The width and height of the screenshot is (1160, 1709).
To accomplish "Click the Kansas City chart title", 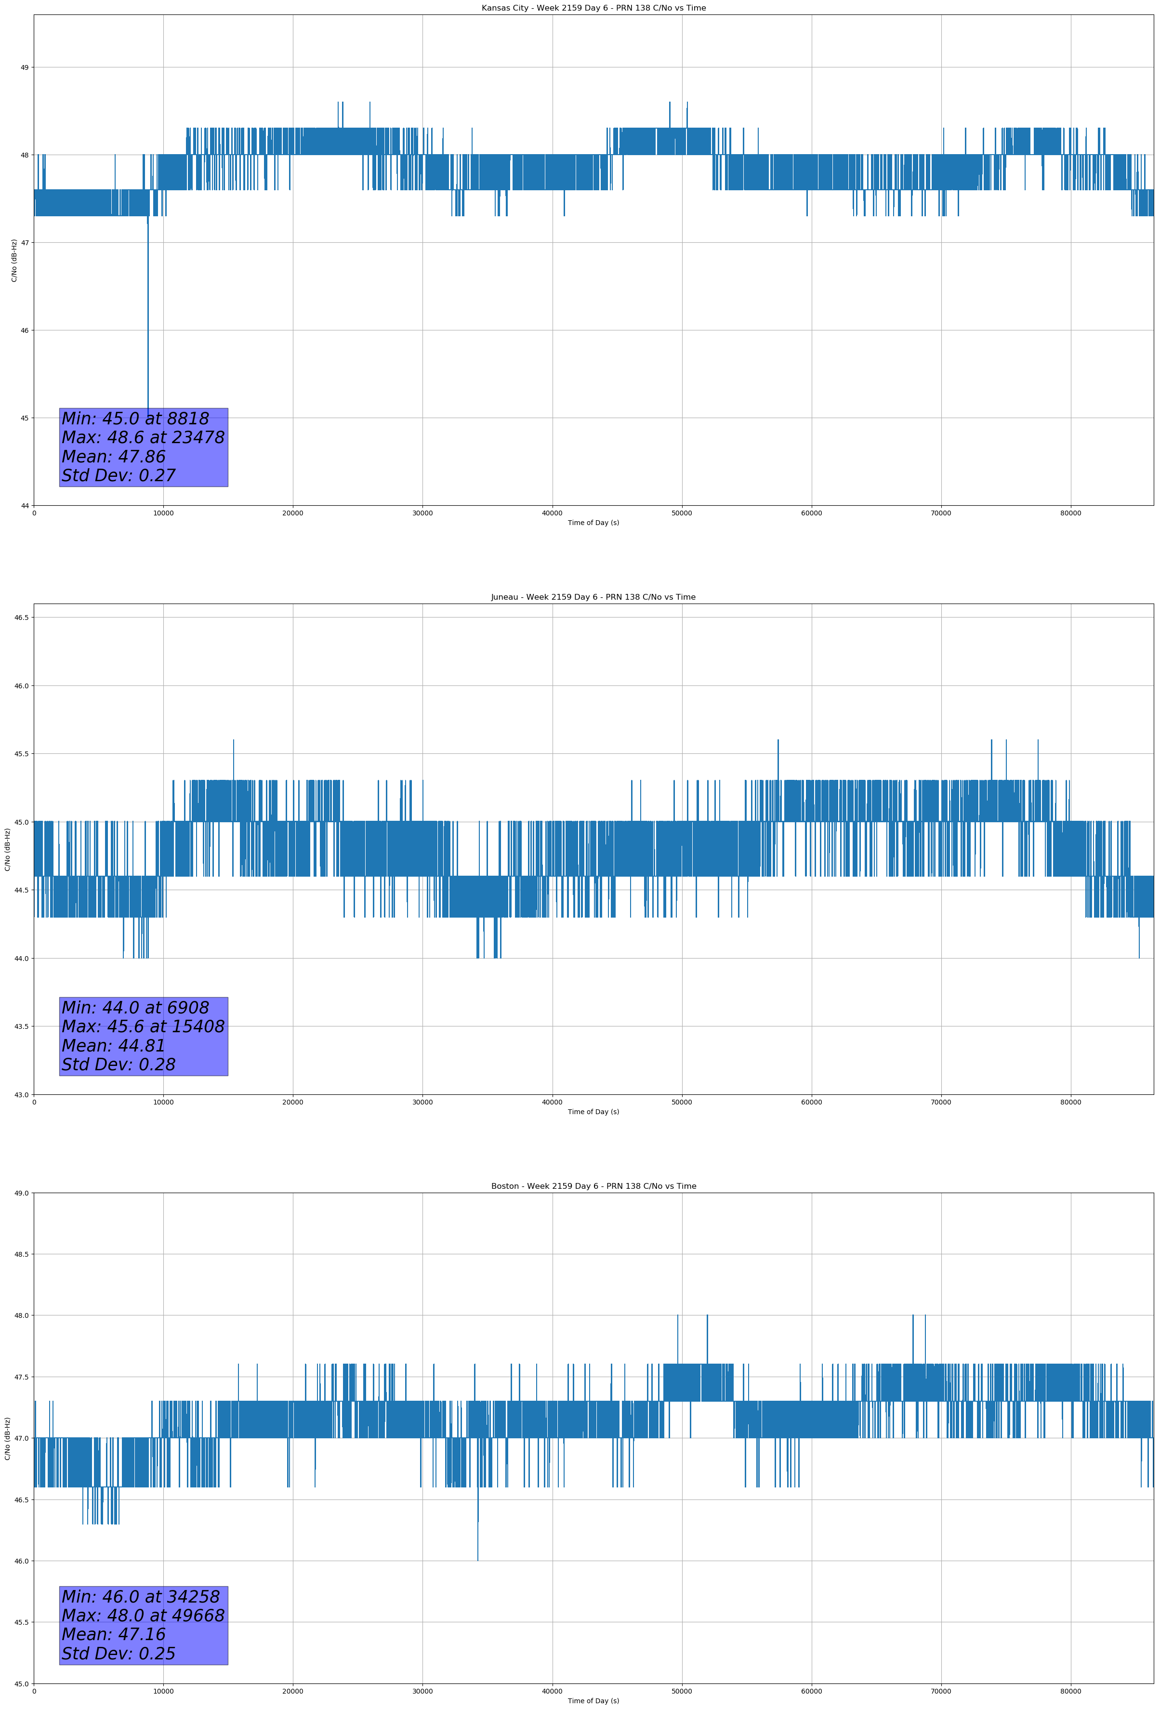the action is tap(593, 8).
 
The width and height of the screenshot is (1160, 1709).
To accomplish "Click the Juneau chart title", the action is tap(593, 597).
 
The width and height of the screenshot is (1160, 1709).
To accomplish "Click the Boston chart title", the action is tap(593, 1186).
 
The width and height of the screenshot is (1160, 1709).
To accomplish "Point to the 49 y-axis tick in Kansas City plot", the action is tap(24, 67).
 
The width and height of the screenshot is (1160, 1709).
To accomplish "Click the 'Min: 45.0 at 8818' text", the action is tap(135, 419).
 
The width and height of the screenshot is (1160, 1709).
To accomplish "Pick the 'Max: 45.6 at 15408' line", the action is tap(143, 1026).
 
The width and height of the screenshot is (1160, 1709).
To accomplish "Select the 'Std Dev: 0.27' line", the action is tap(119, 476).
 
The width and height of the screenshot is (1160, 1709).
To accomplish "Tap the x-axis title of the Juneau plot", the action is tap(593, 1112).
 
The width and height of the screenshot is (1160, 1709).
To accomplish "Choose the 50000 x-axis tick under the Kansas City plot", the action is tap(682, 513).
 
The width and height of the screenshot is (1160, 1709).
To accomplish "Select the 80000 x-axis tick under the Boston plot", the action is tap(1071, 1691).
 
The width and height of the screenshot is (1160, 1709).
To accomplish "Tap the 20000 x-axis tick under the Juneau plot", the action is tap(293, 1102).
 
